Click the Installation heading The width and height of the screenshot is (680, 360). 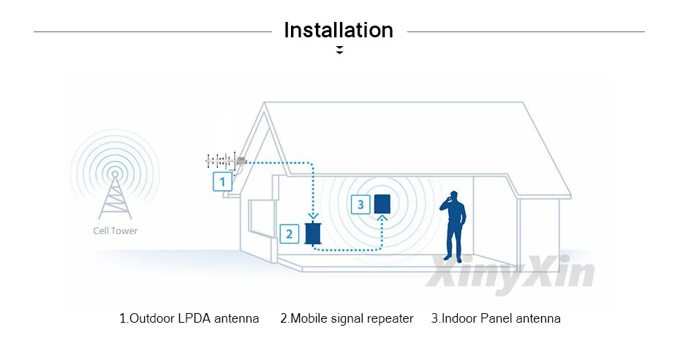[x=339, y=31]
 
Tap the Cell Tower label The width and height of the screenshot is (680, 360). [x=115, y=230]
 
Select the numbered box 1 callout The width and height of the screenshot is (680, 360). [x=222, y=181]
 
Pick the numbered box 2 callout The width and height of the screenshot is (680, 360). [x=290, y=234]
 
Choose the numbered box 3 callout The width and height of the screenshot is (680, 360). [x=360, y=205]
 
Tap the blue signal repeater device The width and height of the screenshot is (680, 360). [x=314, y=233]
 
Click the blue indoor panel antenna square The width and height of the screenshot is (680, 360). [x=382, y=203]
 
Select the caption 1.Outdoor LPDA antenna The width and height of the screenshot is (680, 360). [x=189, y=318]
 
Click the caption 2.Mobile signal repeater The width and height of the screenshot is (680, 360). [x=347, y=318]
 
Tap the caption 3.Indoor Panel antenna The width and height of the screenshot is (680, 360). [x=496, y=318]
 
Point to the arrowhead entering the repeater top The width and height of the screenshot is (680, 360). [x=314, y=216]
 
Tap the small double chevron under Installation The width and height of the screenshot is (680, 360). [x=339, y=50]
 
